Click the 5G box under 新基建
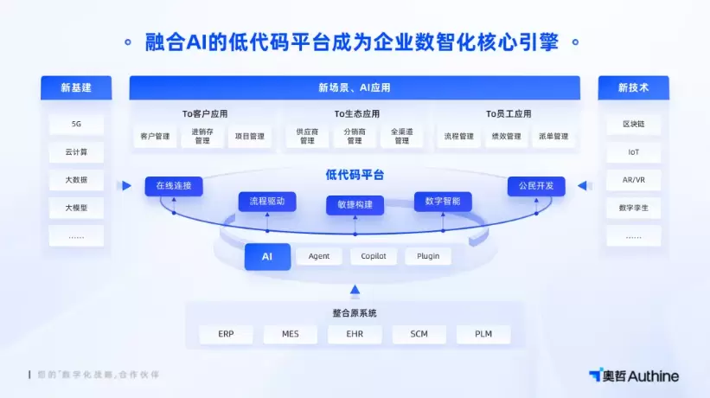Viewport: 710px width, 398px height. point(76,125)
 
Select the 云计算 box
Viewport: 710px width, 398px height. point(76,152)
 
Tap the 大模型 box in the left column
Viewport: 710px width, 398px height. point(76,208)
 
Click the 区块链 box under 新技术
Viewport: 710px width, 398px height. point(633,125)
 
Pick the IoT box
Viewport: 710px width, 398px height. point(633,152)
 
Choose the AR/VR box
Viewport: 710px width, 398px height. point(633,180)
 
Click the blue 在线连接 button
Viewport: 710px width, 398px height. point(173,185)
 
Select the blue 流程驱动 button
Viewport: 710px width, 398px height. point(266,202)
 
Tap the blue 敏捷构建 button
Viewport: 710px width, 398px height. point(355,205)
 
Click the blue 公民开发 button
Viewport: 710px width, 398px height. point(535,185)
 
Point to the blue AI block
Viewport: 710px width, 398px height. point(267,256)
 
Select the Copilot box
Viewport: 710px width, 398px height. point(374,256)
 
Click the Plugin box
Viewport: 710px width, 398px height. point(428,256)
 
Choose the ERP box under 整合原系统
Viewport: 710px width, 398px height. point(226,334)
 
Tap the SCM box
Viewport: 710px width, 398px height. point(419,334)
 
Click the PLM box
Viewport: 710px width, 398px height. point(483,334)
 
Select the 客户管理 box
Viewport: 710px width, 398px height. point(156,137)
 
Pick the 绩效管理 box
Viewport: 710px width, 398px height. point(507,137)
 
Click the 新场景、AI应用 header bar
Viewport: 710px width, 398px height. point(355,87)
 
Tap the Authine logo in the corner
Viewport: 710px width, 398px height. point(633,376)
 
